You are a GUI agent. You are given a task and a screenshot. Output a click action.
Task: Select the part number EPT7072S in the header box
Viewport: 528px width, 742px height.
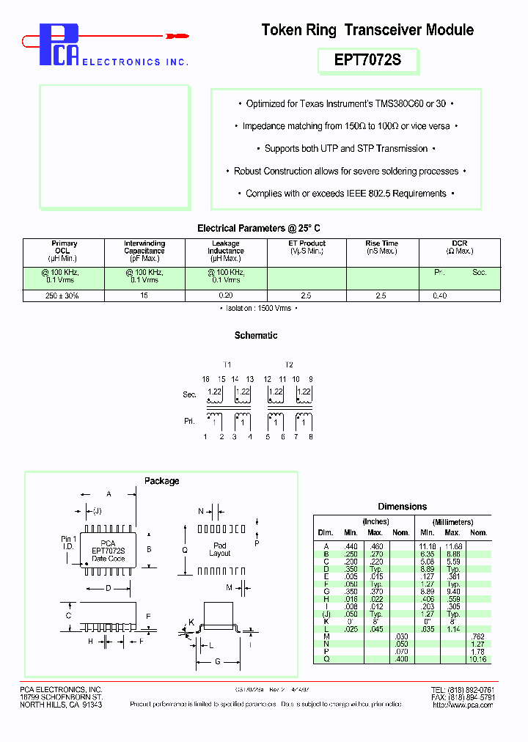[x=368, y=60]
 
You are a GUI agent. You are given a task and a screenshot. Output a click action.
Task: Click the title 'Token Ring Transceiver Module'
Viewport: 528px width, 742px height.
[x=367, y=30]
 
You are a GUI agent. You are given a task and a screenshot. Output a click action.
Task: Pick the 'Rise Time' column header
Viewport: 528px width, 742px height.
[x=381, y=243]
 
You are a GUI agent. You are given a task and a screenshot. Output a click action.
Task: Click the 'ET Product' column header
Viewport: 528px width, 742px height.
[x=307, y=243]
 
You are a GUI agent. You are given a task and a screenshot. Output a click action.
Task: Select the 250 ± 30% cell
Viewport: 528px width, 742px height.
[x=62, y=295]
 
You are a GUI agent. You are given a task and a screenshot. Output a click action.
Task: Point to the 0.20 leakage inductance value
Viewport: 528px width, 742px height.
[x=225, y=295]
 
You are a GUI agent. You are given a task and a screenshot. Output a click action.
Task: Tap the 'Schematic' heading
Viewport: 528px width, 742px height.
[x=256, y=335]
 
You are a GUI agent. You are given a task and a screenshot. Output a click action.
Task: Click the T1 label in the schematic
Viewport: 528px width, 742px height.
[x=227, y=364]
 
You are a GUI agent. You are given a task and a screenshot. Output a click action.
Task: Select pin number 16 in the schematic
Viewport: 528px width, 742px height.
[x=206, y=379]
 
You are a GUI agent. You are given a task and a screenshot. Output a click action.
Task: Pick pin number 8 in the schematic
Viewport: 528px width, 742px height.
[x=311, y=437]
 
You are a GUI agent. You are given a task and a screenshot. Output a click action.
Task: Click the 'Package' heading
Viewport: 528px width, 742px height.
[x=161, y=481]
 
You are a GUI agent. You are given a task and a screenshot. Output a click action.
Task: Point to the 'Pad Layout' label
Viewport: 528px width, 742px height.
[x=220, y=549]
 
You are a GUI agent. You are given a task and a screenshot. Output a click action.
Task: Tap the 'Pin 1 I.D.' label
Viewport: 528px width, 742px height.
[x=68, y=543]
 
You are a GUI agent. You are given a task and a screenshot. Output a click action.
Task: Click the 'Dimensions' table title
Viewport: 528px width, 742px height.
[x=402, y=506]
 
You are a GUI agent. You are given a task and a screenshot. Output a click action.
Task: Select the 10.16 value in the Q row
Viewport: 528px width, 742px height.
[x=477, y=659]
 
